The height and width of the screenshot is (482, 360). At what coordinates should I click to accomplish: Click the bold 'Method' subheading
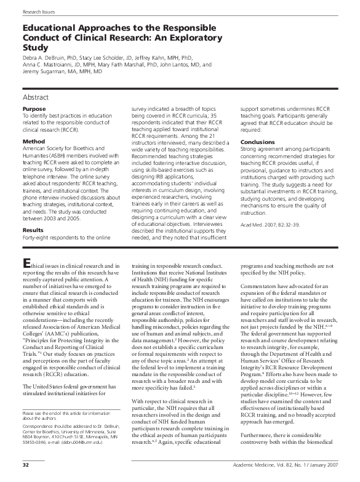[33, 142]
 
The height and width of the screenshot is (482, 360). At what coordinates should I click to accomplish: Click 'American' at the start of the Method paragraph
[34, 149]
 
